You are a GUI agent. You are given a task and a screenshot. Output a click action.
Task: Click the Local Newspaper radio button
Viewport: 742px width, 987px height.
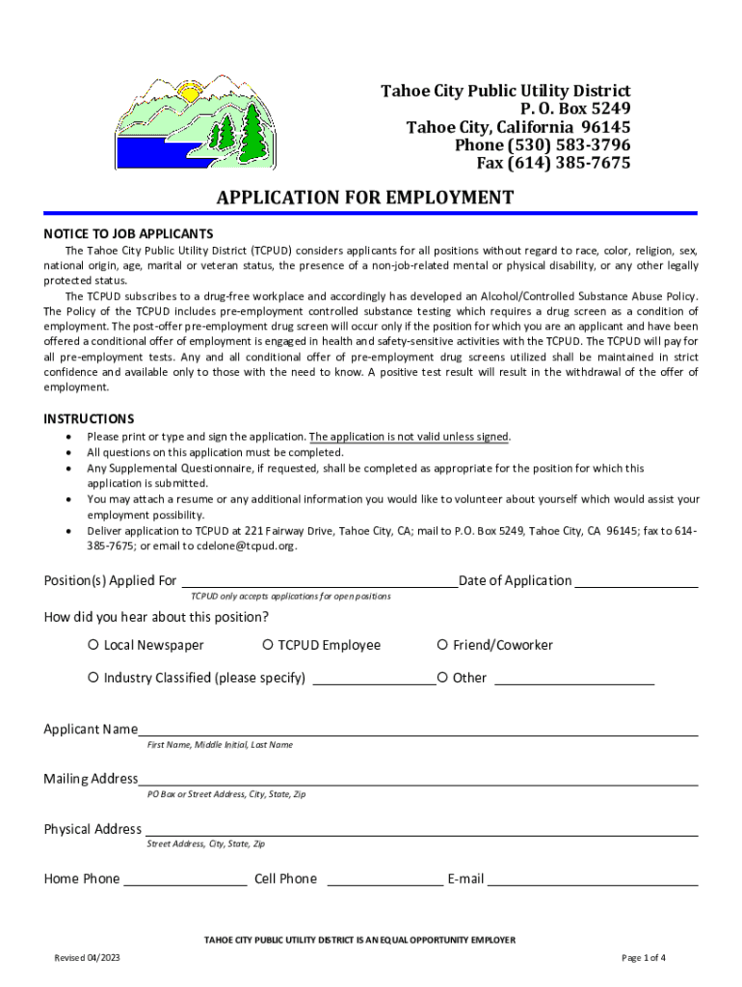click(93, 645)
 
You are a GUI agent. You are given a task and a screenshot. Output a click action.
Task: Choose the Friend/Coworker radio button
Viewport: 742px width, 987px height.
click(442, 645)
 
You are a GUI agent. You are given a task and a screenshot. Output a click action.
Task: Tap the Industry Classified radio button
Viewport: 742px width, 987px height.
click(93, 678)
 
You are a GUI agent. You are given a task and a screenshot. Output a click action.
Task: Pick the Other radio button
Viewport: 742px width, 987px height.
click(442, 678)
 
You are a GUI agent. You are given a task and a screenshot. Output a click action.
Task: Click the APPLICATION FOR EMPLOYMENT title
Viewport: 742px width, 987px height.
click(365, 198)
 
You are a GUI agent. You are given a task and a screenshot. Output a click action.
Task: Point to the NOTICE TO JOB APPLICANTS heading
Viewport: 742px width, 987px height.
click(128, 234)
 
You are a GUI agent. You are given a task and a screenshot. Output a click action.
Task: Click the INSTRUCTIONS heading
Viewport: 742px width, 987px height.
click(89, 419)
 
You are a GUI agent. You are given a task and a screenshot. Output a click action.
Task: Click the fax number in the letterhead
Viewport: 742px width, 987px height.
click(554, 163)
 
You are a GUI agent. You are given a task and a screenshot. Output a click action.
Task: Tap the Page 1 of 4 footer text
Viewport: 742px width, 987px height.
click(644, 958)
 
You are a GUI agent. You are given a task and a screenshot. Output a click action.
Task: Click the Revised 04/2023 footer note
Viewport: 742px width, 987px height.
click(88, 958)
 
